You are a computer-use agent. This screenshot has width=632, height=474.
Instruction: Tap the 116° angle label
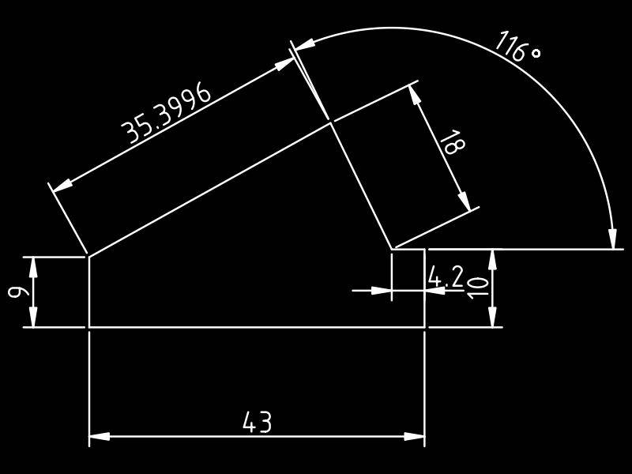tap(517, 47)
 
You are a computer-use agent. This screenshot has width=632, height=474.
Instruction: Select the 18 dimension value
tap(453, 143)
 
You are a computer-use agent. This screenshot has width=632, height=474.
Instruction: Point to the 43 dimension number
tap(257, 423)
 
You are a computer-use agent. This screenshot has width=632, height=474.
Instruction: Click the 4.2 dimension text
tap(446, 276)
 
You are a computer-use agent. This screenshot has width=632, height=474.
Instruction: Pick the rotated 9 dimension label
tap(15, 292)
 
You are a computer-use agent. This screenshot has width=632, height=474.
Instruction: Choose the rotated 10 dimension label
tap(479, 288)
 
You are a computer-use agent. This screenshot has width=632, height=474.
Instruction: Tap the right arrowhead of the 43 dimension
tap(416, 436)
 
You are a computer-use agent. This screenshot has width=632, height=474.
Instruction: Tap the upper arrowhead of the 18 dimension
tap(415, 94)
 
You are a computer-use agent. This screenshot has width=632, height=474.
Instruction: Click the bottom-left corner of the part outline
tap(88, 327)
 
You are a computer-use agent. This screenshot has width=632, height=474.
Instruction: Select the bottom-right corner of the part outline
tap(425, 327)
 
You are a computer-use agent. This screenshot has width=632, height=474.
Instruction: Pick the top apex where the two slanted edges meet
tap(330, 122)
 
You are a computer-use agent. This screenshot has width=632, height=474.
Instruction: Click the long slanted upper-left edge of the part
tap(209, 189)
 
